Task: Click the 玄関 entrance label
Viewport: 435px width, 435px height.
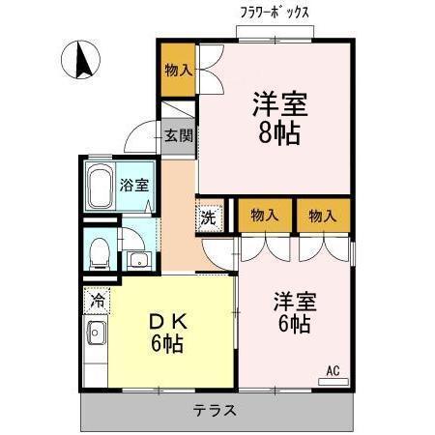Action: (x=178, y=135)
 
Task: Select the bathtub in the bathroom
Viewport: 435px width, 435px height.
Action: (x=101, y=186)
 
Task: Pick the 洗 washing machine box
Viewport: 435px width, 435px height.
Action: (x=210, y=217)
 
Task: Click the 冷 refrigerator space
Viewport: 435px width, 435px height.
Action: (x=97, y=300)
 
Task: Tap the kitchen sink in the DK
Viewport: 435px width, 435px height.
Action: (x=97, y=335)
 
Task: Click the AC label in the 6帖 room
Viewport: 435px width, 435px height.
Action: (x=333, y=371)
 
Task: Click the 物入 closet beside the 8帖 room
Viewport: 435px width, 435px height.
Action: (x=178, y=72)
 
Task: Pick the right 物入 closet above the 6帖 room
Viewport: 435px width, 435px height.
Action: (x=323, y=216)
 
